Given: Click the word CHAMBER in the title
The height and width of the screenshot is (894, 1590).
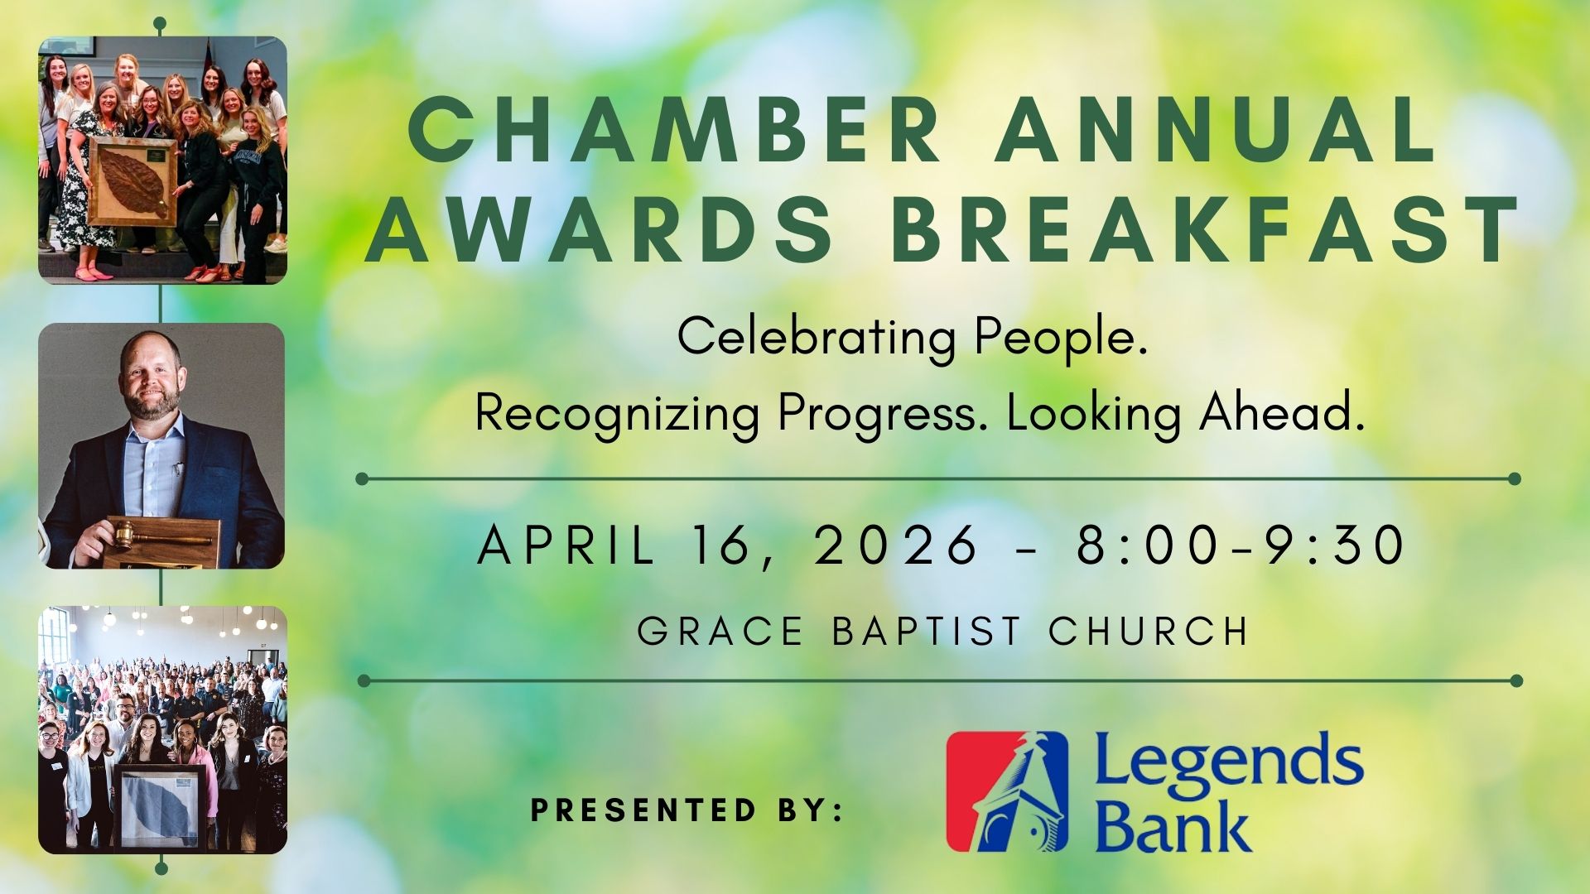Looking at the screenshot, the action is click(676, 131).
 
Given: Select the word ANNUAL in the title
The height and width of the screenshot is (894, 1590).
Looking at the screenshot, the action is click(1216, 131).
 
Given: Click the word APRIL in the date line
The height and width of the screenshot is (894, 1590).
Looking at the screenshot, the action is click(566, 546).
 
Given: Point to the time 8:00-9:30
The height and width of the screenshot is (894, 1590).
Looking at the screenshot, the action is click(1241, 546).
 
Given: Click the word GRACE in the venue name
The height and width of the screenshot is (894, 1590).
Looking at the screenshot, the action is click(720, 631).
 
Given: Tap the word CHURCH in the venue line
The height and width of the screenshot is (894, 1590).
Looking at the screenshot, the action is click(1149, 631).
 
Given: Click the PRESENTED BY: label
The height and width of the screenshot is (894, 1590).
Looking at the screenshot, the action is click(687, 810).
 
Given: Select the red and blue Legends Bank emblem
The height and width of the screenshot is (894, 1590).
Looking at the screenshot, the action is click(1007, 791).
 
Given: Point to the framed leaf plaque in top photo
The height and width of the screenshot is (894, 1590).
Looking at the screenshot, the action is click(132, 183).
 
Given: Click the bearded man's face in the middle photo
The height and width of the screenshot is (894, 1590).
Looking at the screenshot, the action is click(151, 377).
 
